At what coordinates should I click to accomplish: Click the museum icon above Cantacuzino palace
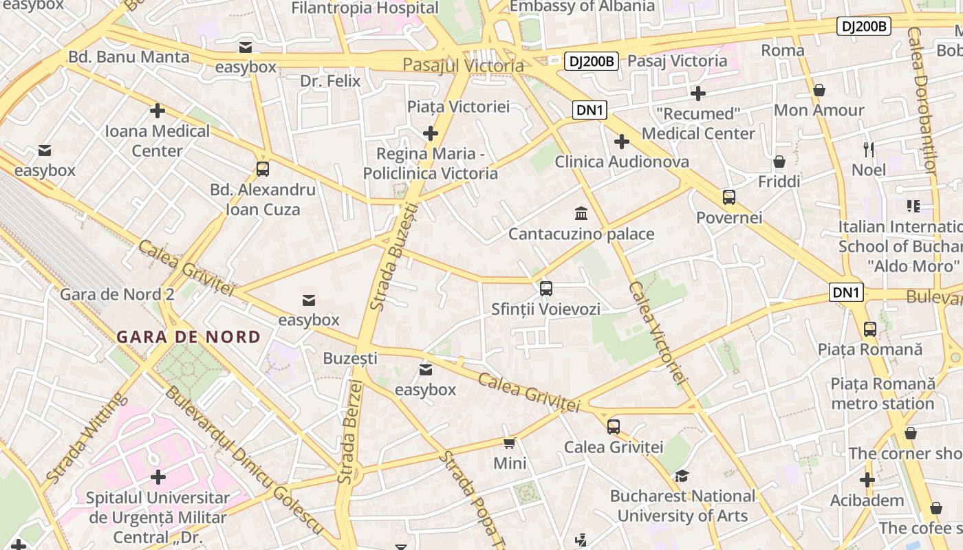581,212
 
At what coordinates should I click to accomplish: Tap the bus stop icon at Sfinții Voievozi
545,289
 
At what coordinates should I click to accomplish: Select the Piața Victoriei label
458,107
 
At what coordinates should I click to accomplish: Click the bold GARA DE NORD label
188,337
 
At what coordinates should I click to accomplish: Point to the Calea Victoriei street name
658,331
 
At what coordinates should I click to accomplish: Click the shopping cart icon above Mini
509,443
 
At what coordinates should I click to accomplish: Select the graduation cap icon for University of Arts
682,476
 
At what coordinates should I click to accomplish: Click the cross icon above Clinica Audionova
622,142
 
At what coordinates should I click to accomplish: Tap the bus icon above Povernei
729,197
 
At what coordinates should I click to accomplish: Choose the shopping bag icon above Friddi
779,162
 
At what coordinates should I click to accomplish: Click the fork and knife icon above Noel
869,149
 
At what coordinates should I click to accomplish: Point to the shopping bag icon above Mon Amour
819,90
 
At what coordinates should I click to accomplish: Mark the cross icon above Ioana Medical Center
158,110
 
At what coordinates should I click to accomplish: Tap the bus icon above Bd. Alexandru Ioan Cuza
262,169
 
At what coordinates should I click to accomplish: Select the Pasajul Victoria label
463,65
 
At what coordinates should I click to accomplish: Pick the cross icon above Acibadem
867,480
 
